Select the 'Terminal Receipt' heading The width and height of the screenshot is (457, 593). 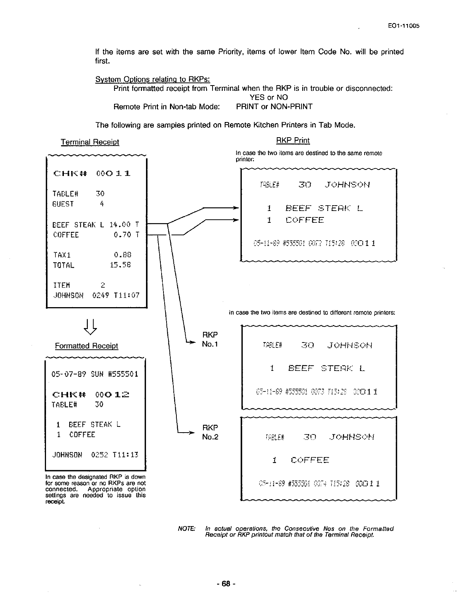[90, 142]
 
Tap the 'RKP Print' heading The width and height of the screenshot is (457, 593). [293, 141]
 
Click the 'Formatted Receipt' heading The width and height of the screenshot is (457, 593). [86, 346]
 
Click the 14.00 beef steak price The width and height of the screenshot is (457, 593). [120, 225]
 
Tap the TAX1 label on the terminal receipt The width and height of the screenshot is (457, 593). [62, 255]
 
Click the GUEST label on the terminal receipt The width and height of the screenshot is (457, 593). [63, 204]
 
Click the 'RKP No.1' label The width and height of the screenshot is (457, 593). [210, 339]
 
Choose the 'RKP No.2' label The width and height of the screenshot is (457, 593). [210, 432]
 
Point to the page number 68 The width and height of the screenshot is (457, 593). [227, 583]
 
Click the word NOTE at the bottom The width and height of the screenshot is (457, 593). [187, 529]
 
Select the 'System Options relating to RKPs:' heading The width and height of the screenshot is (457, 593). [152, 79]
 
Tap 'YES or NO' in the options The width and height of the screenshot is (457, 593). [268, 97]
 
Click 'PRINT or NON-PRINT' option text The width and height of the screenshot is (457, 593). [274, 106]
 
